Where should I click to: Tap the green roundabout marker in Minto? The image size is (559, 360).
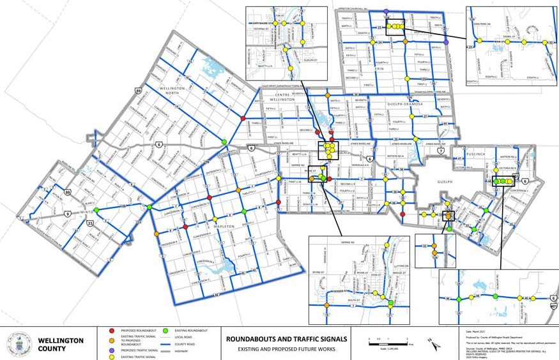(96, 209)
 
